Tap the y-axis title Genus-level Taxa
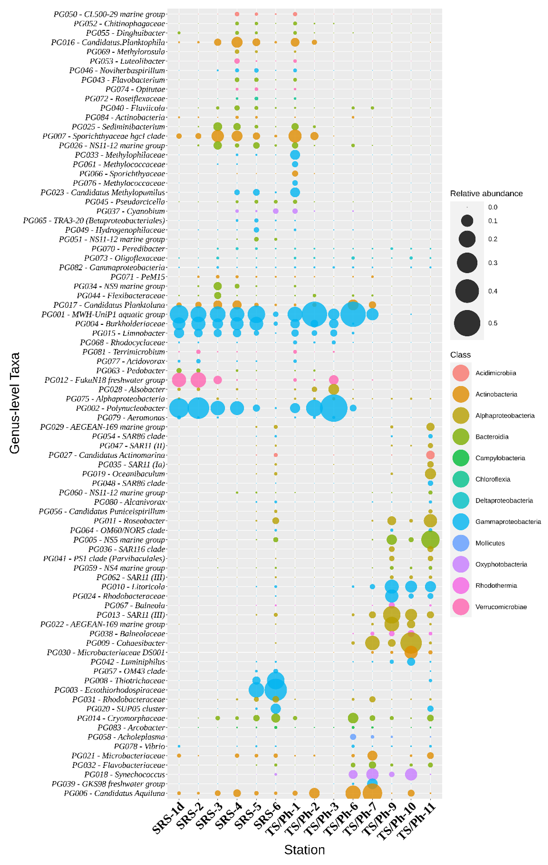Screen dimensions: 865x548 [x=14, y=403]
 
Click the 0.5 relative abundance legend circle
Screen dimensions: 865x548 [x=467, y=323]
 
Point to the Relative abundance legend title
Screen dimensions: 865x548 [x=486, y=194]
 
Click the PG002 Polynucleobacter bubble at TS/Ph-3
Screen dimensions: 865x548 [x=334, y=408]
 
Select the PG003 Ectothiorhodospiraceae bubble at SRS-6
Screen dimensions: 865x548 [x=276, y=690]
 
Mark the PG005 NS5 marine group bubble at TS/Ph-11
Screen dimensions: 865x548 [x=430, y=540]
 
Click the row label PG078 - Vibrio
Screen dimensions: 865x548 [x=140, y=746]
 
